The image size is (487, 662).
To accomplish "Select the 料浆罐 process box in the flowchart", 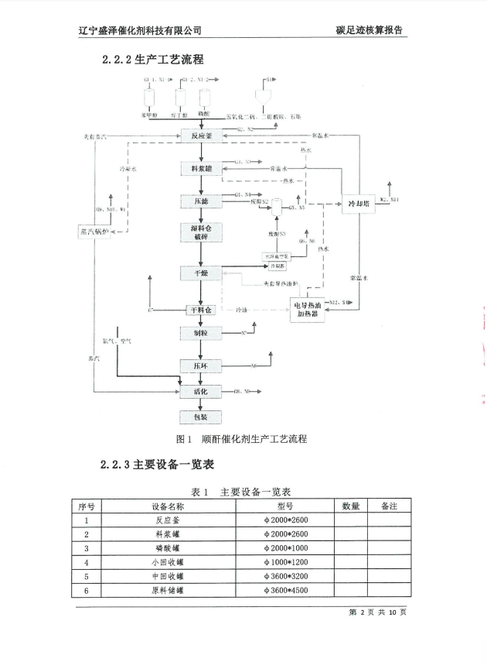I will click(201, 168).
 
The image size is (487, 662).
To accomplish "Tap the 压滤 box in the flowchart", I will click(201, 201).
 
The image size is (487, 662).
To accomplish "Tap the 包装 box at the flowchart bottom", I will click(201, 417).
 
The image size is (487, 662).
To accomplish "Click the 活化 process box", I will click(201, 392).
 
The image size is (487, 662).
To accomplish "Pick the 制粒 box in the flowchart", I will click(201, 332).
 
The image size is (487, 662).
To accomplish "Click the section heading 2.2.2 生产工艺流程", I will click(152, 60).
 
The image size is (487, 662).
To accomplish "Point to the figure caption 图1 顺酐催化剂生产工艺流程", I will click(242, 439).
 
